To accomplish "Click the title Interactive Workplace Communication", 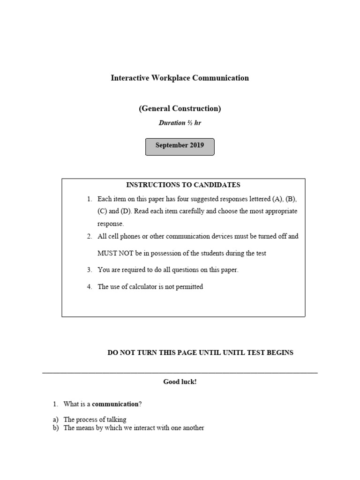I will (x=180, y=78).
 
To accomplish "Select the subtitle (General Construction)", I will (x=180, y=108).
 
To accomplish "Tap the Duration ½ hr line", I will (x=180, y=123).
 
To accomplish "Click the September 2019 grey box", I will (x=180, y=146).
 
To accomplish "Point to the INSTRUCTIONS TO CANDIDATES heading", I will (x=183, y=185).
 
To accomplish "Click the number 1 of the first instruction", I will (x=89, y=199).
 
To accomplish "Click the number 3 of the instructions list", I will (x=89, y=270).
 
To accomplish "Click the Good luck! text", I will (x=180, y=382).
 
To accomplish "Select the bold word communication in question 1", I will (x=115, y=404).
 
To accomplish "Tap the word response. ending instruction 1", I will (x=111, y=224).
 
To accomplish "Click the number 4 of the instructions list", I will (x=89, y=286).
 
